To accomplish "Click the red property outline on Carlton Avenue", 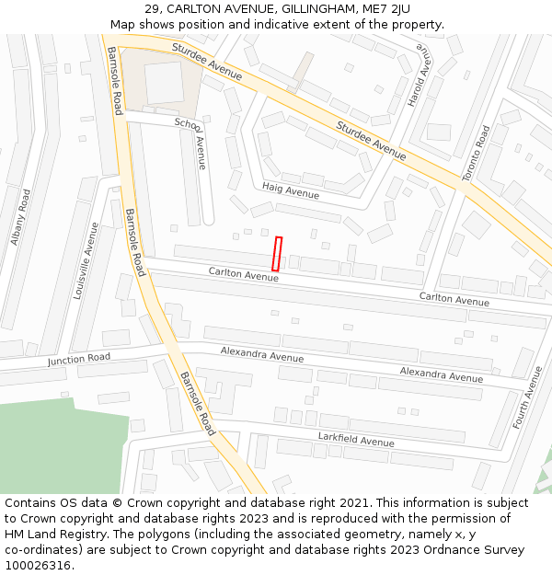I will pos(277,254).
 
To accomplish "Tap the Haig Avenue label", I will pos(291,190).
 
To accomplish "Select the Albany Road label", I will pos(20,217).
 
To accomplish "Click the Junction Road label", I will pos(79,359).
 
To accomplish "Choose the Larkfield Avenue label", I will pos(356,440).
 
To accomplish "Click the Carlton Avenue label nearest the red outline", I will pos(243,273).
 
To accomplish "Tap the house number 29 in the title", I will pos(154,9).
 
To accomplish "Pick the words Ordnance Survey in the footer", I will pos(479,550).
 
